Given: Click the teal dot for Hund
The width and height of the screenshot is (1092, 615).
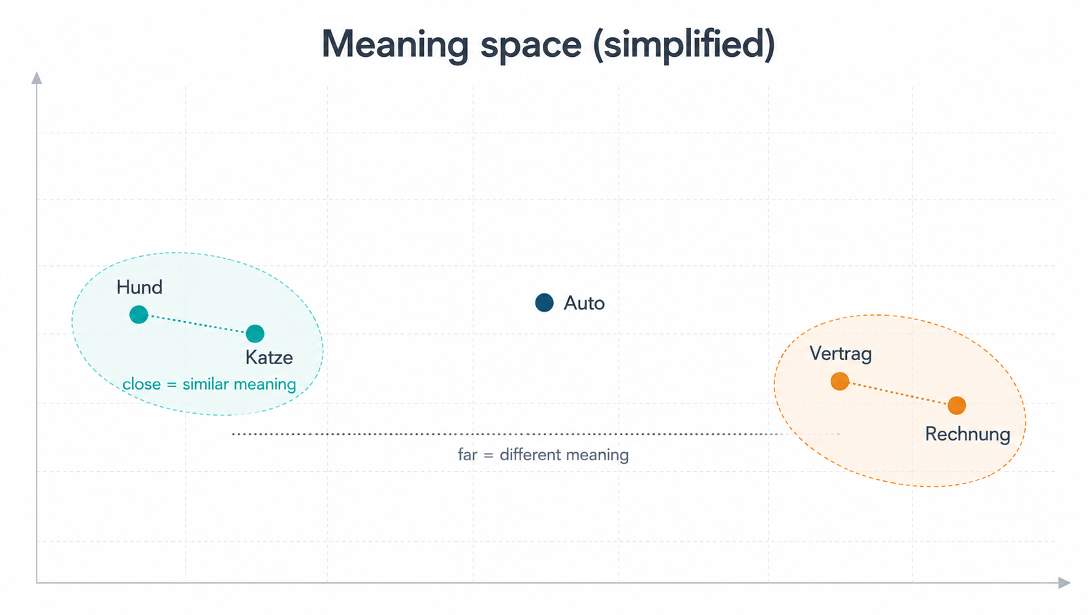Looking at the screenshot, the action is pyautogui.click(x=139, y=314).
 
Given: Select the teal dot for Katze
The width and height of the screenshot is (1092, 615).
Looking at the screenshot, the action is pyautogui.click(x=255, y=333).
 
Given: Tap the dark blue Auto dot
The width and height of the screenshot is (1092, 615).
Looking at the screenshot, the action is pyautogui.click(x=544, y=303).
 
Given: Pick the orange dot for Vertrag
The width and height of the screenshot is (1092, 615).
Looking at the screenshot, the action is pyautogui.click(x=840, y=381).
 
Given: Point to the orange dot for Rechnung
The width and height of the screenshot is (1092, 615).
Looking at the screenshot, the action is pyautogui.click(x=957, y=405).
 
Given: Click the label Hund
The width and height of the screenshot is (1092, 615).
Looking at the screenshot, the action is pyautogui.click(x=139, y=287).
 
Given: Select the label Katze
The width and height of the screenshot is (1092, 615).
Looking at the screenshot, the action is pyautogui.click(x=269, y=357).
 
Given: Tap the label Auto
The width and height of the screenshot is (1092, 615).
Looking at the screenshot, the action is pyautogui.click(x=584, y=303).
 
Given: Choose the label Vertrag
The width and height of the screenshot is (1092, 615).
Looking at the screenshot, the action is pyautogui.click(x=841, y=354).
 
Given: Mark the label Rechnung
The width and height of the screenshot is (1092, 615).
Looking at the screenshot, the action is pyautogui.click(x=968, y=433).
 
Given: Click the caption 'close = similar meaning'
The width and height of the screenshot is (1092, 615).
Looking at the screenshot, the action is pyautogui.click(x=209, y=384).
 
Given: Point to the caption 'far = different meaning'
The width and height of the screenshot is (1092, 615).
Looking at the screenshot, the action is pyautogui.click(x=543, y=454).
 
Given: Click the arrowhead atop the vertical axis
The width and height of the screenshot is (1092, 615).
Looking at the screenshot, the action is pyautogui.click(x=37, y=78).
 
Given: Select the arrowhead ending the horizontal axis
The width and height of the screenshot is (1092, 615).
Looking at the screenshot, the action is pyautogui.click(x=1064, y=582).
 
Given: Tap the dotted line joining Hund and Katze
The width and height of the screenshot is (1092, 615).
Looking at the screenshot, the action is pyautogui.click(x=197, y=324).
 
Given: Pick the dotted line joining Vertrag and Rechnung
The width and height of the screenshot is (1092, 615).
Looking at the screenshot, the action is pyautogui.click(x=899, y=393).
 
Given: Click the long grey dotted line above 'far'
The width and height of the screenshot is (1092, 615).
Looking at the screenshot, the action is pyautogui.click(x=536, y=433).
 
